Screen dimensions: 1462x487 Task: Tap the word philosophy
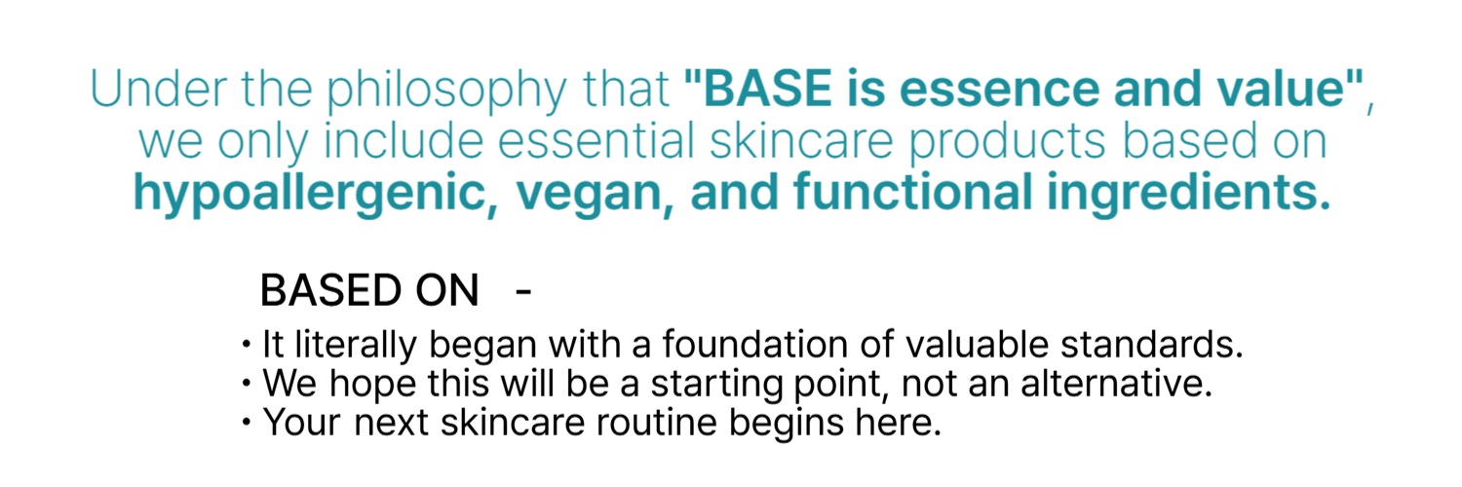tap(446, 92)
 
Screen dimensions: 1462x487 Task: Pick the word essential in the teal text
tap(596, 141)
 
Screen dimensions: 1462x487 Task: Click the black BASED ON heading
tap(369, 290)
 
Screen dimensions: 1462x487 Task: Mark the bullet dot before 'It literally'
tap(246, 344)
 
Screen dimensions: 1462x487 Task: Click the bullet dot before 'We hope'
tap(246, 383)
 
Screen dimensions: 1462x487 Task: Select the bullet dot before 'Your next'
tap(246, 422)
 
